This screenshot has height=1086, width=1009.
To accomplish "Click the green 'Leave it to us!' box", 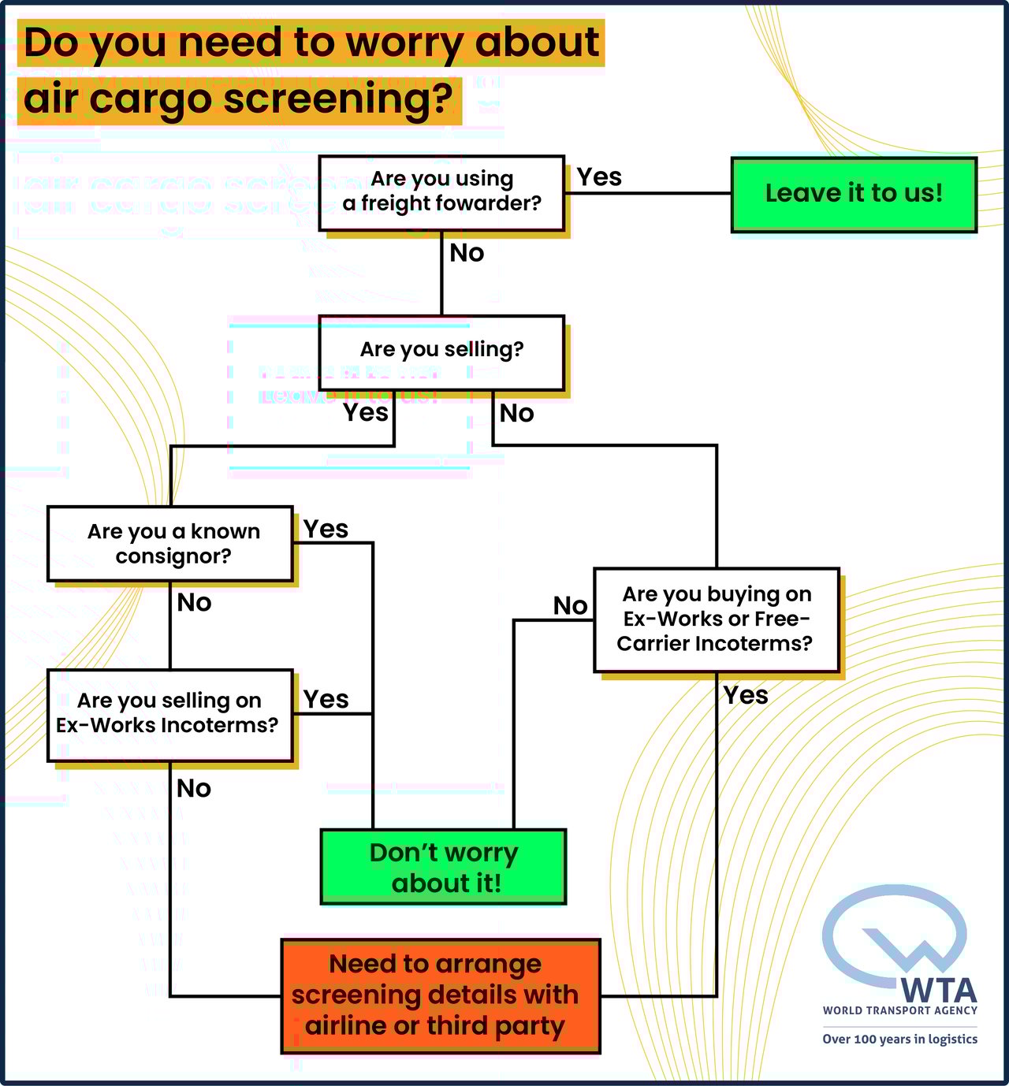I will click(x=854, y=194).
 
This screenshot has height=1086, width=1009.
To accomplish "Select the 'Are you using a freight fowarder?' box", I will click(x=441, y=192).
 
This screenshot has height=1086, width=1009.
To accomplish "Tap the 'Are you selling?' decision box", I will click(x=441, y=351).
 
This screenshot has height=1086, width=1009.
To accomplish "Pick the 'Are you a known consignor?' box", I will click(x=170, y=544).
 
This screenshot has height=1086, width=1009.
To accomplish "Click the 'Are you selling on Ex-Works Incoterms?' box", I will click(x=170, y=714).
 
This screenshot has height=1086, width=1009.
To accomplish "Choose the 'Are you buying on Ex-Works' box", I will click(x=716, y=619).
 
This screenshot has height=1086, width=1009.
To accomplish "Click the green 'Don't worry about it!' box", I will click(x=443, y=867).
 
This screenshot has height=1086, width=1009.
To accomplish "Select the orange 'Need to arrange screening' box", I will click(x=440, y=995).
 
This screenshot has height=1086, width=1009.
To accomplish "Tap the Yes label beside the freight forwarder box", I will click(x=599, y=177).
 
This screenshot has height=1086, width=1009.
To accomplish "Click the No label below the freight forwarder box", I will click(x=467, y=253).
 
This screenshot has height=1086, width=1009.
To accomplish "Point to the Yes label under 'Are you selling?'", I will click(x=366, y=412).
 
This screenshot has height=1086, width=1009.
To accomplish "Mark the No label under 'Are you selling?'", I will click(x=516, y=413).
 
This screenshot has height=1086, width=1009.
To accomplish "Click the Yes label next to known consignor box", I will click(x=326, y=529).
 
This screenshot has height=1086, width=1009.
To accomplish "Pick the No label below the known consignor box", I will click(x=194, y=603).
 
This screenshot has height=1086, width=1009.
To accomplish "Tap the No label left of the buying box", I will click(x=570, y=605).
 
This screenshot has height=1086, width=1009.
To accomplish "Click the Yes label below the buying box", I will click(x=746, y=695).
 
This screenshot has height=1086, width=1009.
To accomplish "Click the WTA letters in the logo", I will click(x=938, y=990).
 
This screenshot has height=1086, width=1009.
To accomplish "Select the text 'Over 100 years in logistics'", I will click(x=899, y=1039).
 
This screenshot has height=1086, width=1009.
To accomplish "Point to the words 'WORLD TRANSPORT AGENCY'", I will click(x=899, y=1010).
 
